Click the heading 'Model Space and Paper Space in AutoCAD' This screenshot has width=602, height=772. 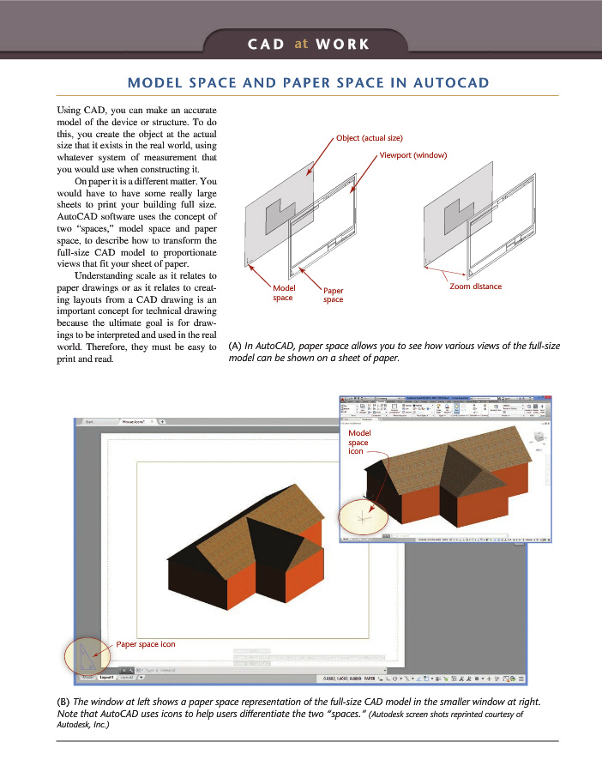coord(308,82)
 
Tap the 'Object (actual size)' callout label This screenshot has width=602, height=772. coord(369,138)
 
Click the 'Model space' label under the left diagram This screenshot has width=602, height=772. coord(283,293)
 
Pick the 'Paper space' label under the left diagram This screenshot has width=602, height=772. coord(333,295)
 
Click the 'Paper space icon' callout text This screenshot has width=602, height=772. coord(146,642)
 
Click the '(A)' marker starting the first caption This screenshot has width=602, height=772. coord(235,347)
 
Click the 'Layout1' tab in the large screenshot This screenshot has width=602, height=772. coord(107,678)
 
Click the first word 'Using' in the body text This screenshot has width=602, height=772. coord(70,112)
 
